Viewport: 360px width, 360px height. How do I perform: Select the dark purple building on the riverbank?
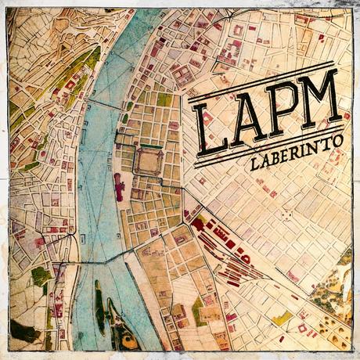tap(118, 186)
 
